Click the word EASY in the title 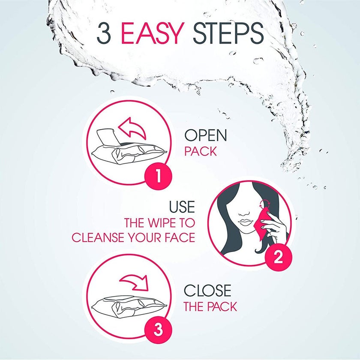(x=153, y=33)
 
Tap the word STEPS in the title (x=228, y=33)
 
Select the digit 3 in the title (x=104, y=33)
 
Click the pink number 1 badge (x=158, y=177)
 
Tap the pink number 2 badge (x=278, y=257)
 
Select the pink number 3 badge (x=158, y=330)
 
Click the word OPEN (x=205, y=135)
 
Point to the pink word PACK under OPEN (x=201, y=152)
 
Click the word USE (x=182, y=207)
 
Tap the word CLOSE (x=207, y=291)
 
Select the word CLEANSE (x=99, y=237)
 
